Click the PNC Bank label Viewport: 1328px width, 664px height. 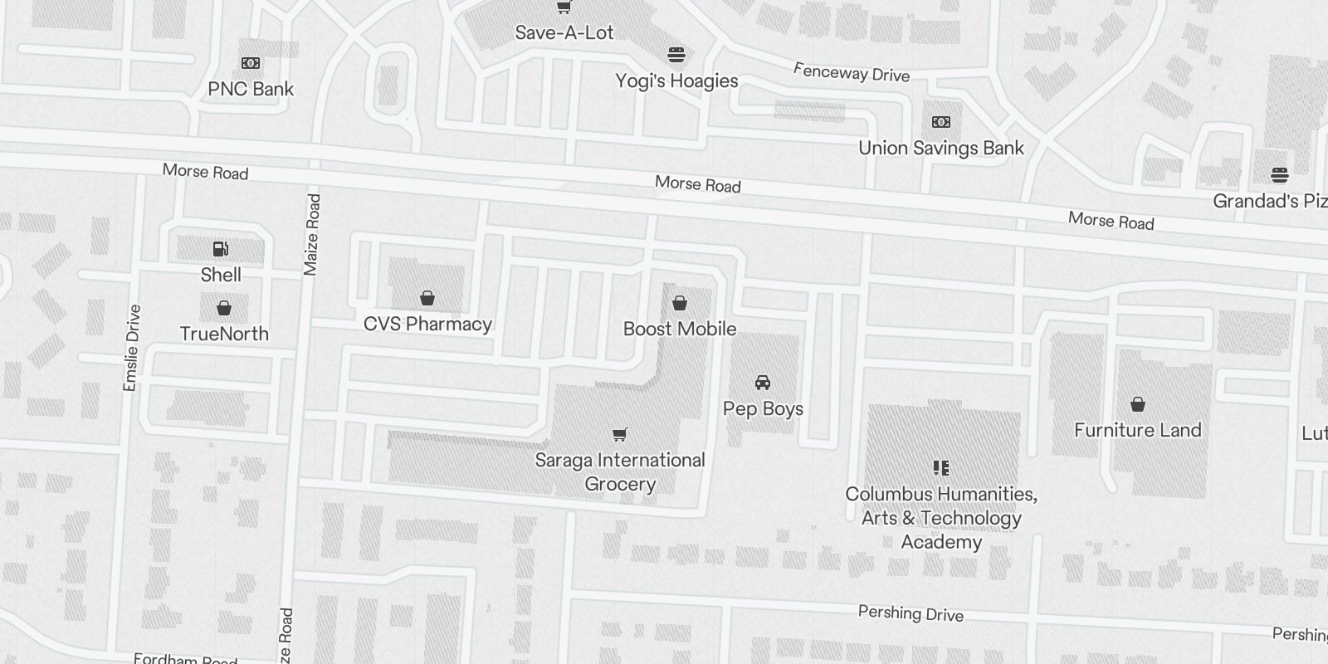click(x=251, y=89)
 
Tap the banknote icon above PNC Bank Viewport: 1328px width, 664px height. click(x=251, y=63)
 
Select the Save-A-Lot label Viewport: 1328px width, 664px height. click(x=564, y=32)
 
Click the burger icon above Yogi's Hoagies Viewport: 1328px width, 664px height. click(x=676, y=56)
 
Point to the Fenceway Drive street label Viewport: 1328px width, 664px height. click(x=852, y=72)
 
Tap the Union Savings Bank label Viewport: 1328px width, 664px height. click(x=941, y=148)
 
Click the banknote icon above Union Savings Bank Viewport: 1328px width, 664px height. click(x=941, y=122)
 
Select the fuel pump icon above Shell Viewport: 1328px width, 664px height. click(x=221, y=249)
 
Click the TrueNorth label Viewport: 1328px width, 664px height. click(x=224, y=334)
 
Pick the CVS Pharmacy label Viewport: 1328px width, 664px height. click(x=427, y=324)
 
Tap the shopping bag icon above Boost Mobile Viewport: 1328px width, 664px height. click(x=680, y=303)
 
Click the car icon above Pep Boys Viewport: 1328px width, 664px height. click(x=763, y=383)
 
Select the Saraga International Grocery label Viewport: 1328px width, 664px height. click(x=620, y=471)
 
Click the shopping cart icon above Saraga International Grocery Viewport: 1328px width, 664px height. click(x=619, y=434)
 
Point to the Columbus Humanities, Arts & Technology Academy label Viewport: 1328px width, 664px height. click(x=941, y=518)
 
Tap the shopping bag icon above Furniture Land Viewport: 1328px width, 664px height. click(x=1138, y=404)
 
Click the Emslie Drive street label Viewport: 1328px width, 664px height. click(x=131, y=348)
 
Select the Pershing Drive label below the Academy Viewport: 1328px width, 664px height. click(x=911, y=613)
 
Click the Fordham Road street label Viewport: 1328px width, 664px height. click(x=186, y=659)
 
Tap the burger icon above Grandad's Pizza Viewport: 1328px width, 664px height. click(x=1279, y=175)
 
